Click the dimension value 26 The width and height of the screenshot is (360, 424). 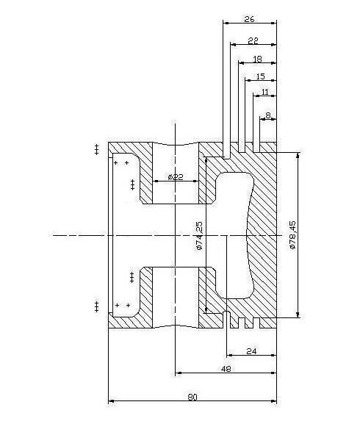point(249,19)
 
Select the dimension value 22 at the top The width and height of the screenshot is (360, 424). point(253,41)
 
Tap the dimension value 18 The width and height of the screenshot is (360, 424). point(257,60)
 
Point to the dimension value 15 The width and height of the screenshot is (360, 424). point(261,76)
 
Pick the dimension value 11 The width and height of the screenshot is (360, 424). point(265,92)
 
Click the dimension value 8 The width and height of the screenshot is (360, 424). point(268,115)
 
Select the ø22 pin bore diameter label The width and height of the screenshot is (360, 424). point(176,177)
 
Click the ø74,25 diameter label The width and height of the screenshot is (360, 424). point(199,236)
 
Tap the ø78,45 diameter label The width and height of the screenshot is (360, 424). point(292,235)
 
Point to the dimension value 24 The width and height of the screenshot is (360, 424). point(251,351)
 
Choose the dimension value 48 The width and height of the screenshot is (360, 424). point(226,369)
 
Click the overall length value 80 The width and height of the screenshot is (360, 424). point(192,398)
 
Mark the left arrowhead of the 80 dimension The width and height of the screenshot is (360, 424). point(111,401)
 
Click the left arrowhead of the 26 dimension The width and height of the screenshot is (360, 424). point(226,24)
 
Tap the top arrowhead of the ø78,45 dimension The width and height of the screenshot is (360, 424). point(298,155)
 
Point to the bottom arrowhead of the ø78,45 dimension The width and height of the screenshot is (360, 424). point(298,315)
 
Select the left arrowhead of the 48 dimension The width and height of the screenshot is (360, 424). point(179,373)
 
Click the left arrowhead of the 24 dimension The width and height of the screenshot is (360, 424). point(230,355)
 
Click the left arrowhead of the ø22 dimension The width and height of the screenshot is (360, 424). point(156,182)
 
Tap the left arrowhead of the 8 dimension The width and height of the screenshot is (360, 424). point(263,119)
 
